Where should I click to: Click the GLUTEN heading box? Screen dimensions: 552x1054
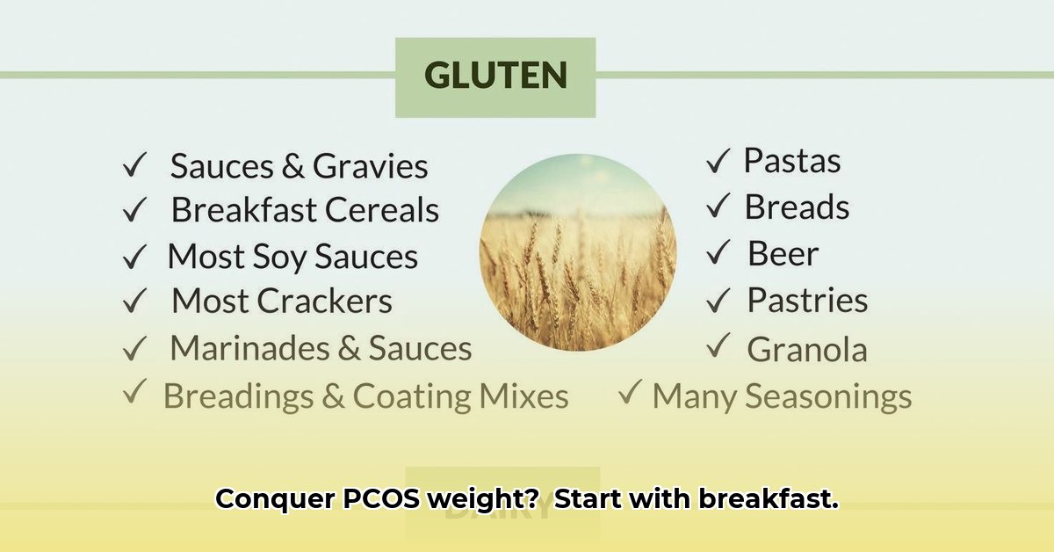pos(495,76)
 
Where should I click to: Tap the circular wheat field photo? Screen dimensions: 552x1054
pos(577,252)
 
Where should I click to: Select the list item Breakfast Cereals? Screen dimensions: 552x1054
pos(305,210)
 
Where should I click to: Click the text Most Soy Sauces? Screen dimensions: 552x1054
pos(292,257)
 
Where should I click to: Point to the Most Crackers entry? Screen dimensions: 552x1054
pos(281,301)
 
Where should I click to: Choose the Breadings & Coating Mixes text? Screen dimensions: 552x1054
pos(365,396)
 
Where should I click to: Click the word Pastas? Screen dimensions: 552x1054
pos(791,161)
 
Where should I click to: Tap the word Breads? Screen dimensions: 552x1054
pos(797,207)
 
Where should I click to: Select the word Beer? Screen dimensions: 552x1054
pos(783,254)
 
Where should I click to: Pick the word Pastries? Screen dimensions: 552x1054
pos(807,301)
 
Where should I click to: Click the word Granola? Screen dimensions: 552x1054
pos(806,350)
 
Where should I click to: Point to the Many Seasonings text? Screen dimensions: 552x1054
pos(782,396)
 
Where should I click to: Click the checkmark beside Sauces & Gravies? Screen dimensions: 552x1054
pos(134,164)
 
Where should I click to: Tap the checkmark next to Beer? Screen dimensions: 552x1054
pos(718,254)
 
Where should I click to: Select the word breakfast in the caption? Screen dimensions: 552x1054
pos(768,499)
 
